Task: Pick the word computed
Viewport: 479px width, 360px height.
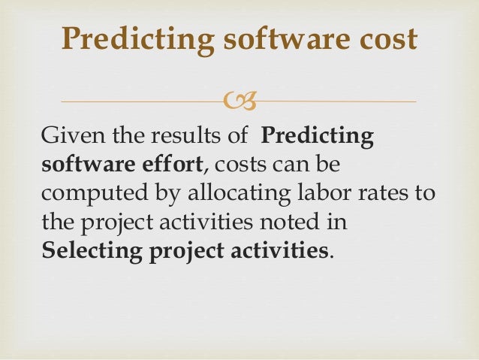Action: [86, 193]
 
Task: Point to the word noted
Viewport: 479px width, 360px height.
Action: [306, 221]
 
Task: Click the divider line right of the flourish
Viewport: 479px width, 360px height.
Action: [338, 101]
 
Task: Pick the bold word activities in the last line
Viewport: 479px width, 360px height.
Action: [276, 249]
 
